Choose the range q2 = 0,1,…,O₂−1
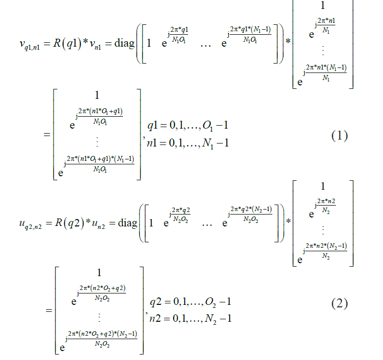click(191, 302)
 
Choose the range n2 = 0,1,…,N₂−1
click(191, 318)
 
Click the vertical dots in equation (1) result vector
click(97, 142)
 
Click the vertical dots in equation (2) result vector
click(98, 316)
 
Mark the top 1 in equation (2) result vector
click(98, 273)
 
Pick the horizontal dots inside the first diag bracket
click(205, 44)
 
